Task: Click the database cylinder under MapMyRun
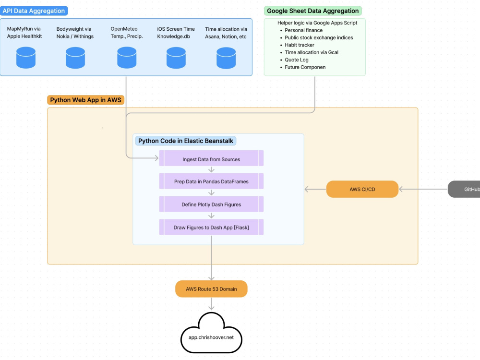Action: pos(26,58)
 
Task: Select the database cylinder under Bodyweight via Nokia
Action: pos(75,58)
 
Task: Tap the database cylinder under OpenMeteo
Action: pos(127,58)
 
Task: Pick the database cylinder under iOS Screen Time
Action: pos(176,58)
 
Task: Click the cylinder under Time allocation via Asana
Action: pos(226,58)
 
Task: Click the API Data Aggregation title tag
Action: pos(34,11)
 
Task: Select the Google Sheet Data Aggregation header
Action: pos(313,11)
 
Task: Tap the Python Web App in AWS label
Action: pos(86,100)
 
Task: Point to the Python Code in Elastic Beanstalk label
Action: pos(185,141)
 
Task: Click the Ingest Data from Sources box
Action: pos(211,158)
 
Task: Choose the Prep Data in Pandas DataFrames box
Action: pos(211,181)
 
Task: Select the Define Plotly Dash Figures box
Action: pos(211,204)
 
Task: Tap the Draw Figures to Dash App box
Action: pos(211,227)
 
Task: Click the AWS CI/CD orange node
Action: pos(362,189)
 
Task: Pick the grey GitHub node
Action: pos(464,189)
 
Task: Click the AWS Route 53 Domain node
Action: pos(211,288)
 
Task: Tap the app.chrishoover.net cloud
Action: pos(211,334)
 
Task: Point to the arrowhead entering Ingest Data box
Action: pos(156,158)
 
